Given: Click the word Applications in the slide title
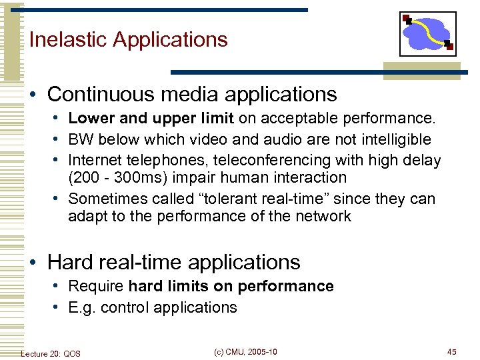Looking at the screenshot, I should [170, 39].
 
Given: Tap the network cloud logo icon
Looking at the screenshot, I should [427, 34].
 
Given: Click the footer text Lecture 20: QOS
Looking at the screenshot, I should [51, 353].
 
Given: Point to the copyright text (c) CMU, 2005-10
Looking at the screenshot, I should [246, 352].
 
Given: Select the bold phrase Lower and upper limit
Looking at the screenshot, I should [151, 119].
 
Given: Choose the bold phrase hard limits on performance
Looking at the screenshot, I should [231, 286].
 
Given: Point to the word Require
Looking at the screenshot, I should [96, 286].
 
